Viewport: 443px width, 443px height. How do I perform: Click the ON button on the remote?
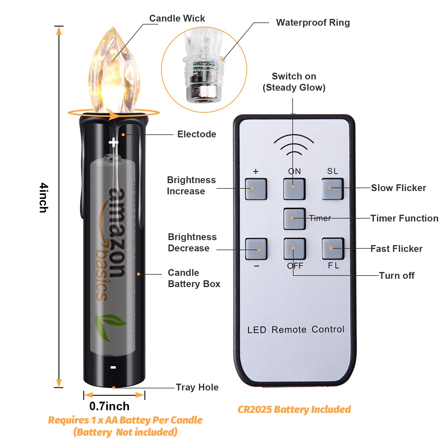click(x=294, y=189)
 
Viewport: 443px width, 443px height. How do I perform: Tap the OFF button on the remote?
click(x=294, y=249)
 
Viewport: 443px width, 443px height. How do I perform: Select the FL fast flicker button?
click(x=333, y=249)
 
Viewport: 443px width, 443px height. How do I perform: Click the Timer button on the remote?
click(x=294, y=219)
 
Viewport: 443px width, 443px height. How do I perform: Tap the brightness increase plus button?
click(x=256, y=189)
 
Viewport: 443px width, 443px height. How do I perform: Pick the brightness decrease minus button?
click(x=256, y=249)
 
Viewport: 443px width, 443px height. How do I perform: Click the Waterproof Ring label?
click(x=313, y=23)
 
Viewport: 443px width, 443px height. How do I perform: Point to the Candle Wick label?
click(x=177, y=18)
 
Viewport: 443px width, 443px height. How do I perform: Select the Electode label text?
click(x=197, y=134)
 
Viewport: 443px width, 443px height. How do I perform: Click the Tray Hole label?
click(x=197, y=387)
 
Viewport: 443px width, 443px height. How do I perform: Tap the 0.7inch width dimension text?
click(x=109, y=406)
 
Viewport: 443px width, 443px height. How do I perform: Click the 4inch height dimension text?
click(x=44, y=198)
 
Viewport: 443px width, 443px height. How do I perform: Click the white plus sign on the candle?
click(x=113, y=143)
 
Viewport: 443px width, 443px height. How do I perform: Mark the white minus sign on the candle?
click(x=113, y=367)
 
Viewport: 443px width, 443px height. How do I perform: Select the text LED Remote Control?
click(x=296, y=330)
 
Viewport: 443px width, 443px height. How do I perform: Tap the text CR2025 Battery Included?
click(x=294, y=410)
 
